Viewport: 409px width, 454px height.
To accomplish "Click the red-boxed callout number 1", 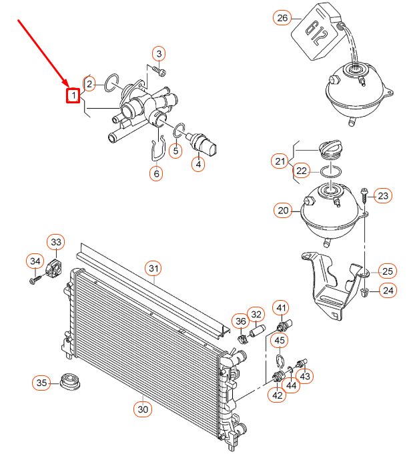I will (x=73, y=96).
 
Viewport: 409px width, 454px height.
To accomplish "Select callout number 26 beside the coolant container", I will (x=282, y=18).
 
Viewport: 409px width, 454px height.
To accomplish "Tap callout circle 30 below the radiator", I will (x=142, y=409).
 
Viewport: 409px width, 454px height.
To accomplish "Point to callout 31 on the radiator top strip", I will (x=154, y=269).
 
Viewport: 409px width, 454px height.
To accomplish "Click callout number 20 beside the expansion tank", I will (x=282, y=211).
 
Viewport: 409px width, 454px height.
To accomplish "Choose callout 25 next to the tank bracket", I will (x=388, y=270).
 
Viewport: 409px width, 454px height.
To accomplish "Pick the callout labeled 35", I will (x=42, y=383).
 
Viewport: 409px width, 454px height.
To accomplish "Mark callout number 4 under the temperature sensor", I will (x=198, y=163).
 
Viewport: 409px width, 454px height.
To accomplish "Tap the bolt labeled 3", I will (x=159, y=69).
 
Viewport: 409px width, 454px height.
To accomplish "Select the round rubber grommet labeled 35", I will (x=69, y=382).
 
